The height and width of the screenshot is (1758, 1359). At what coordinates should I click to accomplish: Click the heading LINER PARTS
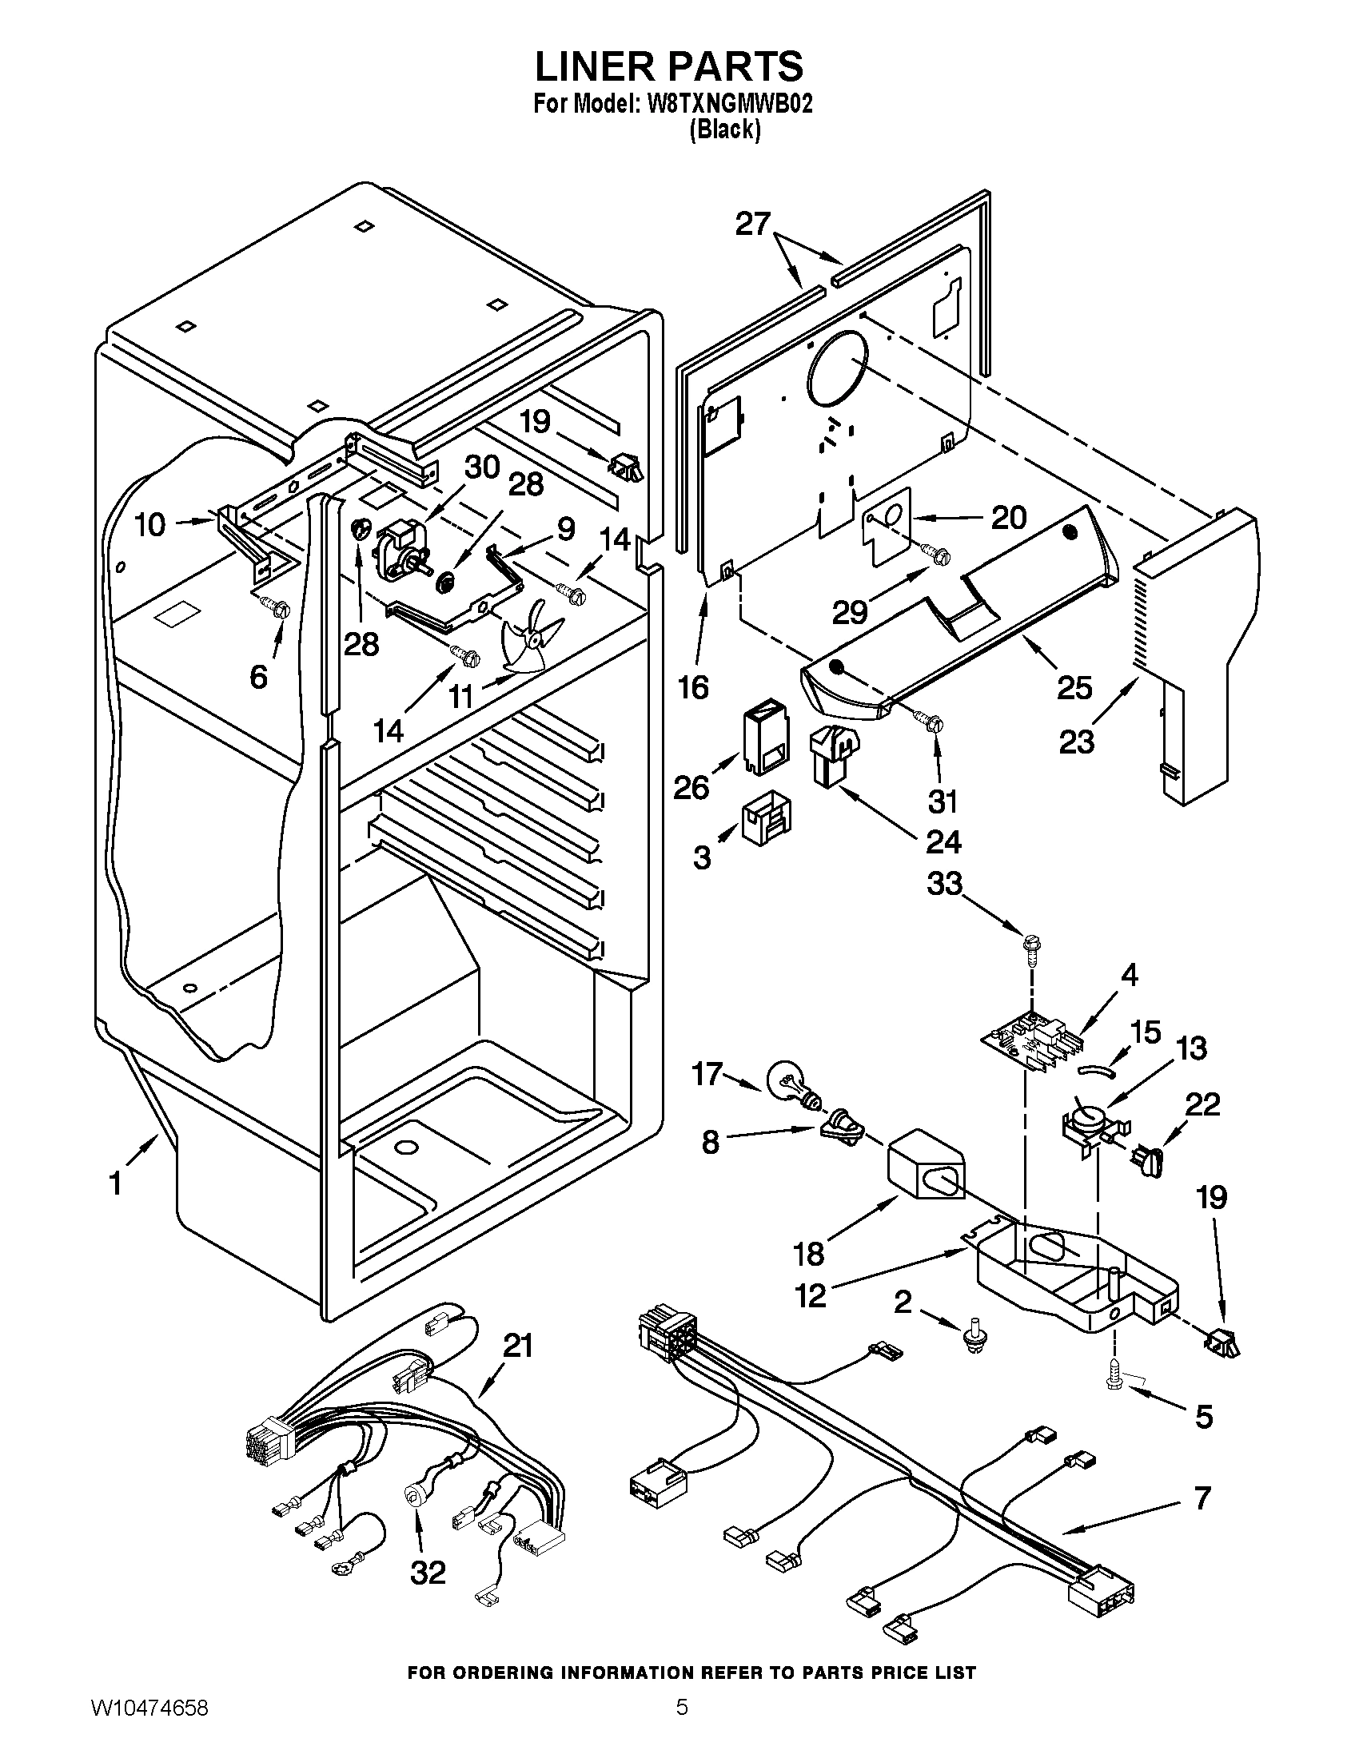click(x=669, y=66)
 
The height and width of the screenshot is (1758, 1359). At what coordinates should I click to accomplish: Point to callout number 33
click(x=944, y=883)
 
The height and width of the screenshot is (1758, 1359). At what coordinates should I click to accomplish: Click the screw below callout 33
click(x=1030, y=944)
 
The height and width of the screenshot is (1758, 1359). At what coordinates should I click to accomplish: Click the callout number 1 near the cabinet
click(x=116, y=1183)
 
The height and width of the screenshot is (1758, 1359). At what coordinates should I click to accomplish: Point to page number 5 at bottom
click(x=681, y=1726)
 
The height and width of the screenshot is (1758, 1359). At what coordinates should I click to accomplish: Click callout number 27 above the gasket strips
click(x=753, y=224)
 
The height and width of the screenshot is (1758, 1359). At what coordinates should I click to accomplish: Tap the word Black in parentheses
click(x=724, y=129)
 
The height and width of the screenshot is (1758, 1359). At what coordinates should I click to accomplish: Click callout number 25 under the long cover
click(x=1074, y=686)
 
